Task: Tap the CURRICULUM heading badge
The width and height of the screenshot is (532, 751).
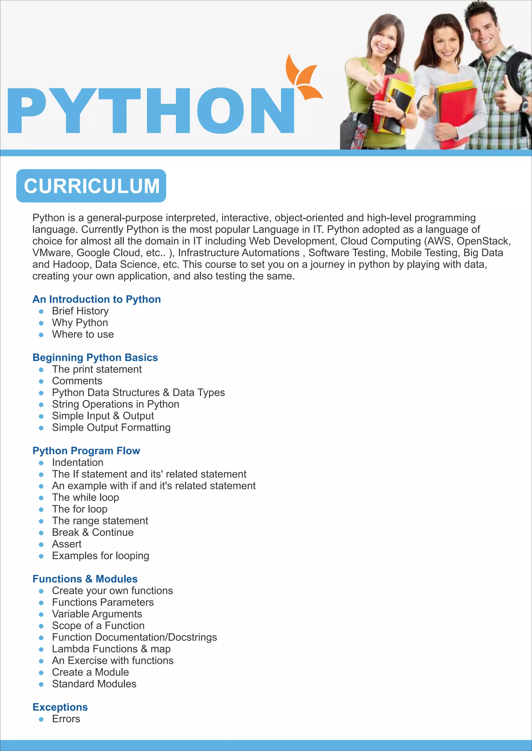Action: click(91, 186)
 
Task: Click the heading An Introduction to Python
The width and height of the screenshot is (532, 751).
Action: click(97, 299)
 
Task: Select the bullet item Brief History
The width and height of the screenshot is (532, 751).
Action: click(80, 311)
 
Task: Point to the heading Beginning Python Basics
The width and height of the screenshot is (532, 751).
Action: click(95, 357)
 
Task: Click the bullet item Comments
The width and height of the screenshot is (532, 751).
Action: click(77, 381)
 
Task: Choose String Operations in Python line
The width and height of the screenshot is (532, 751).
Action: click(115, 404)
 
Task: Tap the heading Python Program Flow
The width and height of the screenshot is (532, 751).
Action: click(86, 451)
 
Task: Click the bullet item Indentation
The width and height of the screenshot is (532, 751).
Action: click(78, 462)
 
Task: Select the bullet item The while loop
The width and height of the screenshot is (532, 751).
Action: click(85, 497)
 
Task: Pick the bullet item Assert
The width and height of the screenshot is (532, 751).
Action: click(67, 544)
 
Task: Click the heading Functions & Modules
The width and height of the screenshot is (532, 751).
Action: click(85, 579)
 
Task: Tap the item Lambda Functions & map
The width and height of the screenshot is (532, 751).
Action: click(111, 649)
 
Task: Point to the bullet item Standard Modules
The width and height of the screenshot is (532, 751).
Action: click(94, 684)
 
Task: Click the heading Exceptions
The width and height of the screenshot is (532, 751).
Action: click(60, 707)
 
